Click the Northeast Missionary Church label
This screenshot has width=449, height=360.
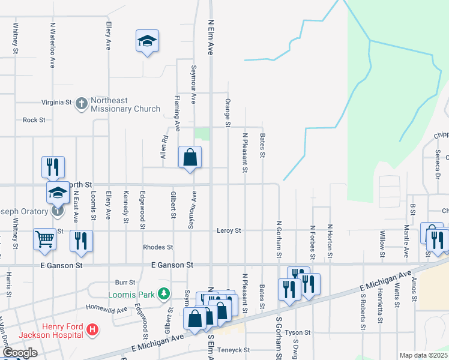click(125, 104)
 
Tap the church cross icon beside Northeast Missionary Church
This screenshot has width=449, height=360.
click(82, 103)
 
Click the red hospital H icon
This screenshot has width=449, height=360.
click(92, 329)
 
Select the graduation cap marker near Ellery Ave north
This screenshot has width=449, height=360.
click(147, 41)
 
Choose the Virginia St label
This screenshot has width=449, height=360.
click(56, 103)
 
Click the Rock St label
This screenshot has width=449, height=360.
click(34, 120)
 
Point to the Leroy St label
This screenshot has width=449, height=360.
click(229, 230)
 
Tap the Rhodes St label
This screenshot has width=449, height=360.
click(158, 247)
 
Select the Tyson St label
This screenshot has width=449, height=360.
click(298, 332)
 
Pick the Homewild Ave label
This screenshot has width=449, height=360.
click(107, 310)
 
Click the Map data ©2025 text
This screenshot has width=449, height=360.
click(423, 355)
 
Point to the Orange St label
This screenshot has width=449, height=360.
click(228, 113)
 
